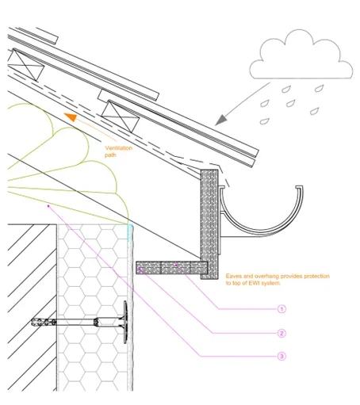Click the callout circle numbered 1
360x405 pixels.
coord(281,309)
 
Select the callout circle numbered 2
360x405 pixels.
coord(281,333)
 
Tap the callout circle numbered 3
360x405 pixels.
coord(281,356)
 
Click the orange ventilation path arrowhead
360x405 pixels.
coord(71,117)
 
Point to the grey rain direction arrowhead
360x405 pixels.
coord(221,120)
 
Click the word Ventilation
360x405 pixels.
coord(119,148)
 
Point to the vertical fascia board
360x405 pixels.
coord(209,224)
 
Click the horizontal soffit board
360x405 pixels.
coord(172,268)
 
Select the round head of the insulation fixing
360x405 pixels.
coord(125,322)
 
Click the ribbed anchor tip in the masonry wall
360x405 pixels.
coord(44,322)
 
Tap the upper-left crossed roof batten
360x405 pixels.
coord(25,65)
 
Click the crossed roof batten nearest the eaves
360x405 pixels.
coord(121,117)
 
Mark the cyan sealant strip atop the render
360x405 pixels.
coord(129,233)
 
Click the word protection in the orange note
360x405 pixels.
coord(316,277)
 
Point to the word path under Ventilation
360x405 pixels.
coord(110,155)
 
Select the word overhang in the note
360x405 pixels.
coord(266,277)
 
